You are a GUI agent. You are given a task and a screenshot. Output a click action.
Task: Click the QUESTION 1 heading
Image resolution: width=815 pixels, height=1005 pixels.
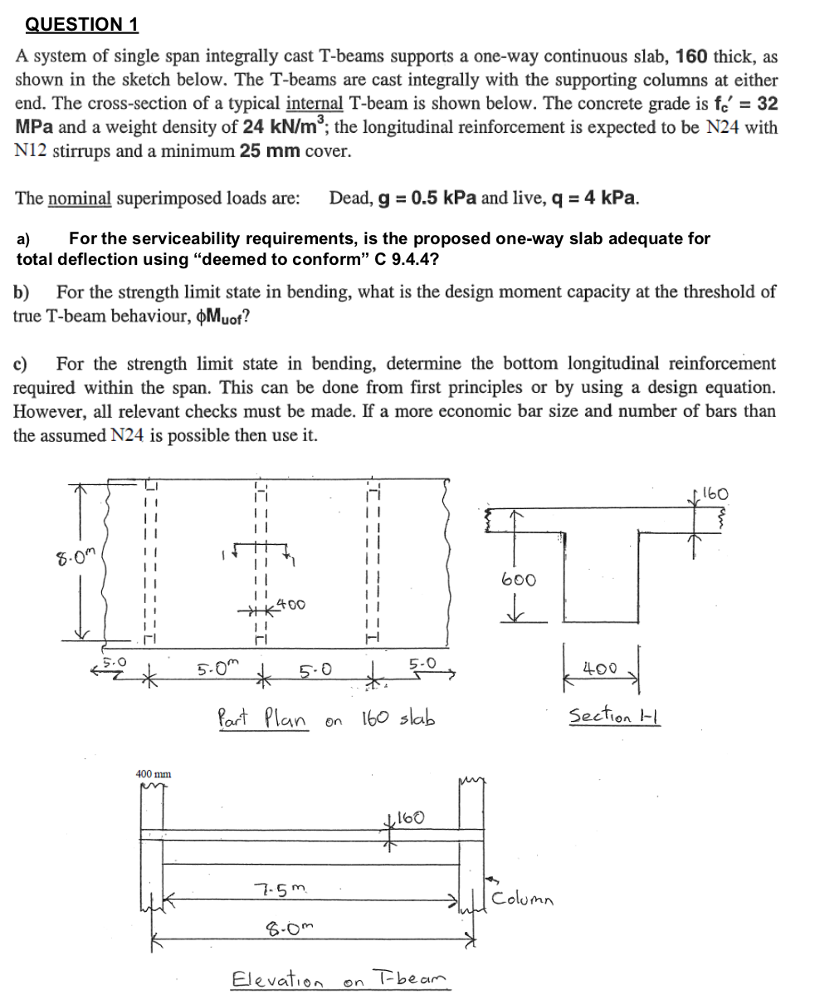[x=81, y=24]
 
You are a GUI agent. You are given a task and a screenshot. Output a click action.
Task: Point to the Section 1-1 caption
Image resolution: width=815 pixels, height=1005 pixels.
[x=614, y=715]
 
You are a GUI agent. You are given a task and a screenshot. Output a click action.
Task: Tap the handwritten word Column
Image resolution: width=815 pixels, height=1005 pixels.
[x=524, y=899]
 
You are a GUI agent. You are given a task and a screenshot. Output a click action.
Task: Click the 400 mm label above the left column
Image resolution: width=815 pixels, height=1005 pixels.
[x=154, y=773]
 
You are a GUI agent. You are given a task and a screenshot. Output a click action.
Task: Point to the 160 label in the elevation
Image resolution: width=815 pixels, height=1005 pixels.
[x=410, y=818]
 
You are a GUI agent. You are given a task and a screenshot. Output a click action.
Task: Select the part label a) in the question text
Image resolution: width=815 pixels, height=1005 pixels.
[x=24, y=239]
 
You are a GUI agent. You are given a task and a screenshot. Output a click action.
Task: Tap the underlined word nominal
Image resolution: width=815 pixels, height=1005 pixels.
[x=80, y=199]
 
